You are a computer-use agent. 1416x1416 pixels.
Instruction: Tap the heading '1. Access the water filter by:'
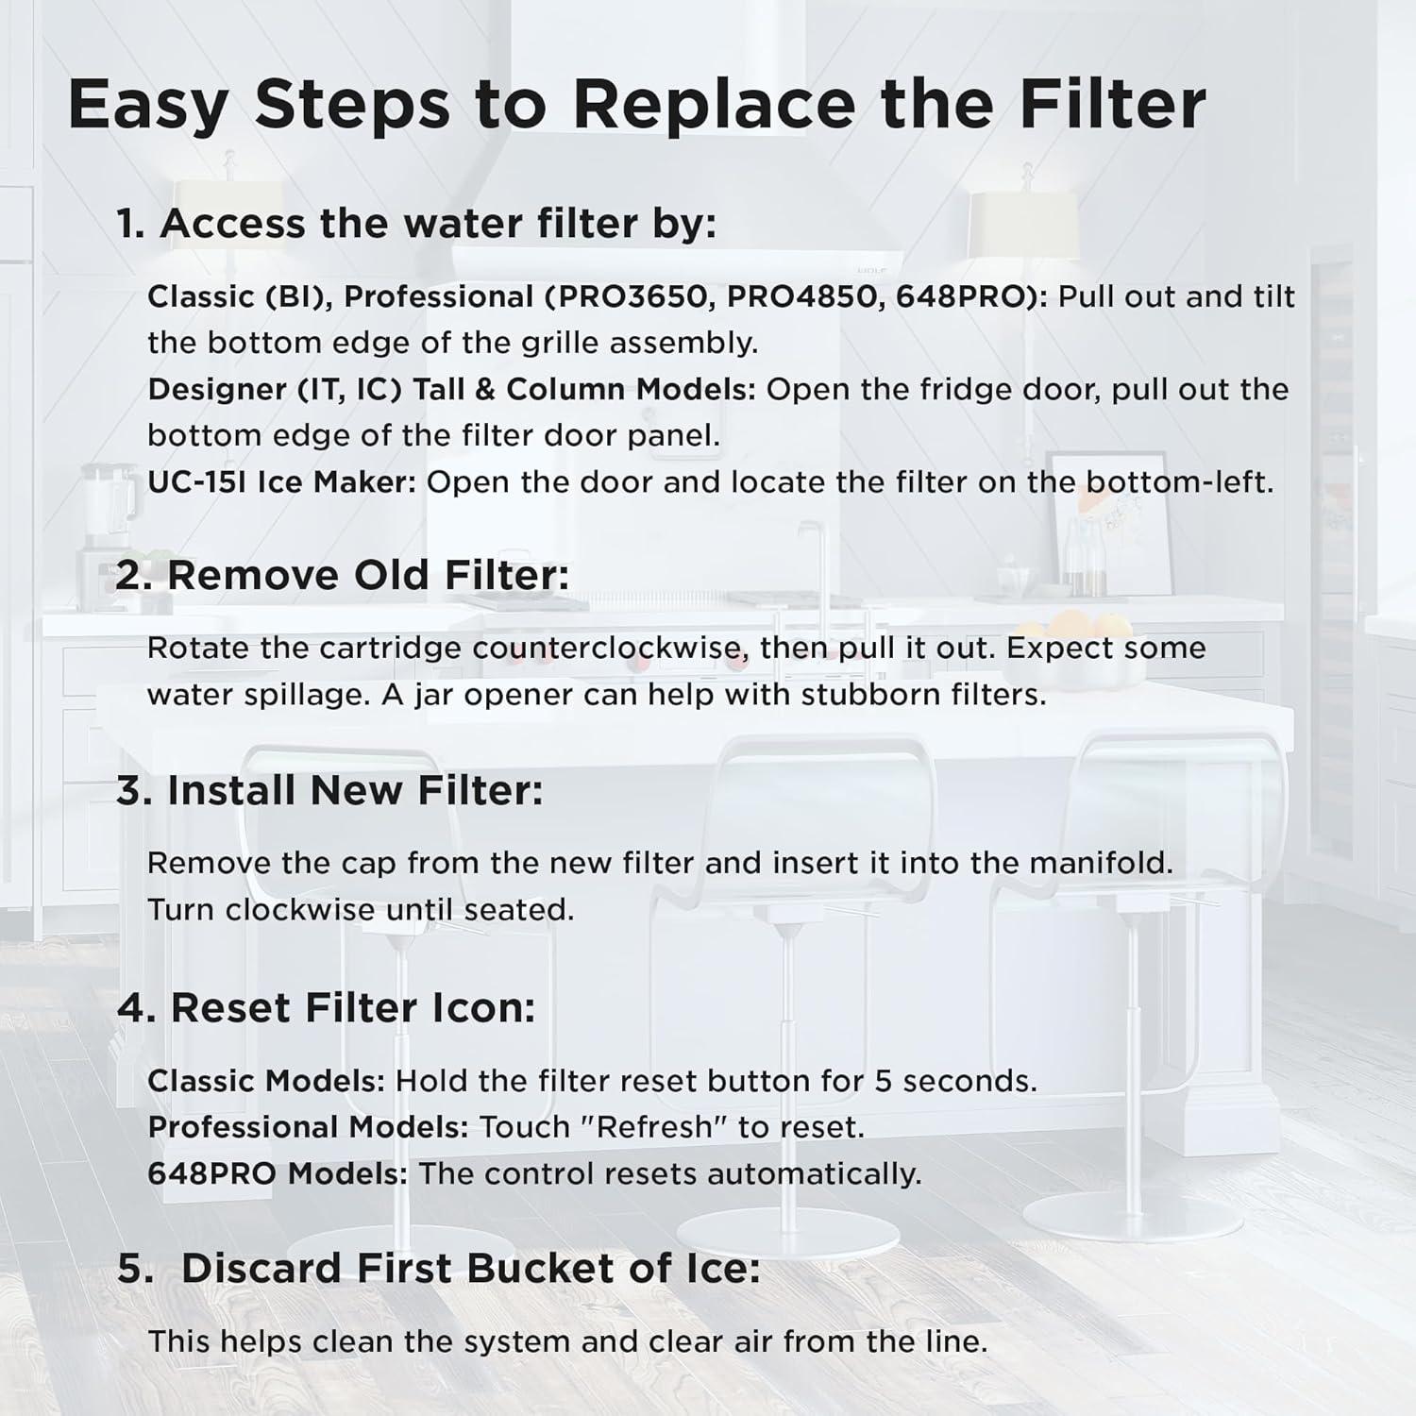pyautogui.click(x=416, y=224)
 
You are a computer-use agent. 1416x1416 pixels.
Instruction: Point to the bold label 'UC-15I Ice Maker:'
pyautogui.click(x=281, y=482)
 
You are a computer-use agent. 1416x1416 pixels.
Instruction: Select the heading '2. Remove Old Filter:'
pyautogui.click(x=343, y=575)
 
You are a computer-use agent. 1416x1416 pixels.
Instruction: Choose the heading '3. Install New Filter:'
pyautogui.click(x=329, y=791)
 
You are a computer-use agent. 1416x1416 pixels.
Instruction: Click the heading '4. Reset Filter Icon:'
pyautogui.click(x=326, y=1008)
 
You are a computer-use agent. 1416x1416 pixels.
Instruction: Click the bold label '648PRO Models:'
pyautogui.click(x=278, y=1174)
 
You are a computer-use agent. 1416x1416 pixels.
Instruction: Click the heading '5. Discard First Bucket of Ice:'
pyautogui.click(x=439, y=1269)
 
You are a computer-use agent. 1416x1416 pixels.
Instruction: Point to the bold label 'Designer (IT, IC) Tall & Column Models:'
pyautogui.click(x=451, y=390)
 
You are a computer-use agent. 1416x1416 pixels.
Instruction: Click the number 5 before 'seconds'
pyautogui.click(x=884, y=1081)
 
